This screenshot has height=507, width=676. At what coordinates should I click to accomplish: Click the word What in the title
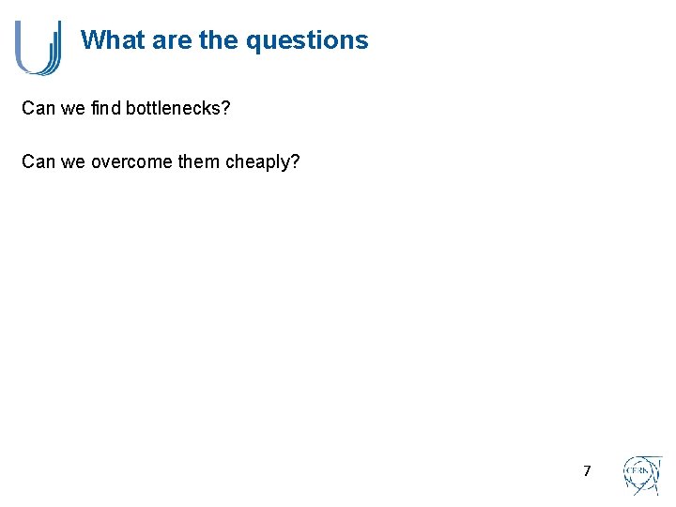112,40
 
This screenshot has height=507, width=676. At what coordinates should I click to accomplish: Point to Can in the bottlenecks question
38,109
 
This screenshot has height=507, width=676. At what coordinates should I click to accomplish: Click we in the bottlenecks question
73,109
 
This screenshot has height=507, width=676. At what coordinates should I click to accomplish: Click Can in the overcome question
38,161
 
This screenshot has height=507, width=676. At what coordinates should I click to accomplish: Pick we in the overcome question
73,161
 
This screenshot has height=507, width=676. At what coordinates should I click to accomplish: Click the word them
198,161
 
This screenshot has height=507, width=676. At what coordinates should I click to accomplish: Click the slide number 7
587,471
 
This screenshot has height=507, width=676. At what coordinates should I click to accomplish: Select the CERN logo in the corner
642,475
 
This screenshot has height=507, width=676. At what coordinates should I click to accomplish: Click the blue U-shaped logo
38,47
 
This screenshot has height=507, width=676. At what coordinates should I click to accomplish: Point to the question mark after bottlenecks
225,109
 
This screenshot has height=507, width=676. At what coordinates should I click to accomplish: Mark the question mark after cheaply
296,161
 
